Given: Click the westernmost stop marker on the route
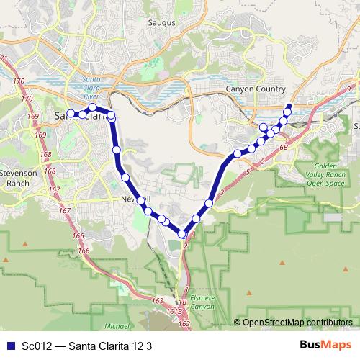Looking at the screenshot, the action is (x=71, y=114).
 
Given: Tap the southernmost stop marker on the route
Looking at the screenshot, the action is (x=182, y=234).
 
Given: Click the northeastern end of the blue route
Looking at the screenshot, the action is (x=289, y=107).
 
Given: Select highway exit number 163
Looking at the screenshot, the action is (x=158, y=299).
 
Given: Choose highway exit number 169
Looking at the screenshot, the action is (x=31, y=114).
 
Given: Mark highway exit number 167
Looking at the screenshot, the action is (x=65, y=210).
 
